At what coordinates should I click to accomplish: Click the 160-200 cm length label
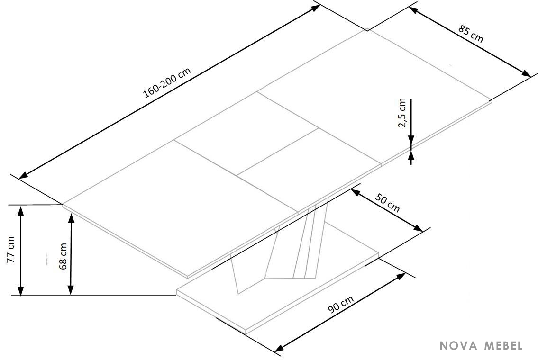click(x=167, y=83)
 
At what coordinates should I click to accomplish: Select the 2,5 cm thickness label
click(x=402, y=113)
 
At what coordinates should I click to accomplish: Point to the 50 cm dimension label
click(x=388, y=203)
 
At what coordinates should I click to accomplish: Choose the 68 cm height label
click(x=63, y=256)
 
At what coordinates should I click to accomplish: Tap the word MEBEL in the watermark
click(x=504, y=346)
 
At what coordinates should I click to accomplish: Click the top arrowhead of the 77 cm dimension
click(x=21, y=210)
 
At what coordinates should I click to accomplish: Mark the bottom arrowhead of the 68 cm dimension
click(x=71, y=290)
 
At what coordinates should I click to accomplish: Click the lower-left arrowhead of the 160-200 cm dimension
click(x=23, y=176)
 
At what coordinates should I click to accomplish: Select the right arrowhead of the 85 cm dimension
click(x=527, y=73)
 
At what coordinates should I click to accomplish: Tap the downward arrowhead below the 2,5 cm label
click(x=411, y=141)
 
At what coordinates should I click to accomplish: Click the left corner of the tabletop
click(x=63, y=205)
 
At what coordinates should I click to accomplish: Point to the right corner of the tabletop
click(x=492, y=101)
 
